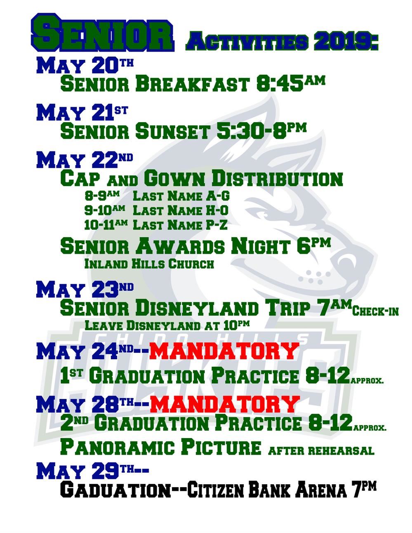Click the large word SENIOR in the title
[102, 32]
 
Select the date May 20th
[85, 65]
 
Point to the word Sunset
[172, 131]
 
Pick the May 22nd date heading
[85, 160]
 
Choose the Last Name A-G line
[181, 196]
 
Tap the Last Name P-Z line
[180, 225]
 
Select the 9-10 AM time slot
[105, 210]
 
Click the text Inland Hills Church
[149, 264]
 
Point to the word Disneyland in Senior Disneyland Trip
[197, 308]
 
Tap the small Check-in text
[375, 311]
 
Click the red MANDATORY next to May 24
[224, 351]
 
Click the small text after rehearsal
[321, 451]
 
